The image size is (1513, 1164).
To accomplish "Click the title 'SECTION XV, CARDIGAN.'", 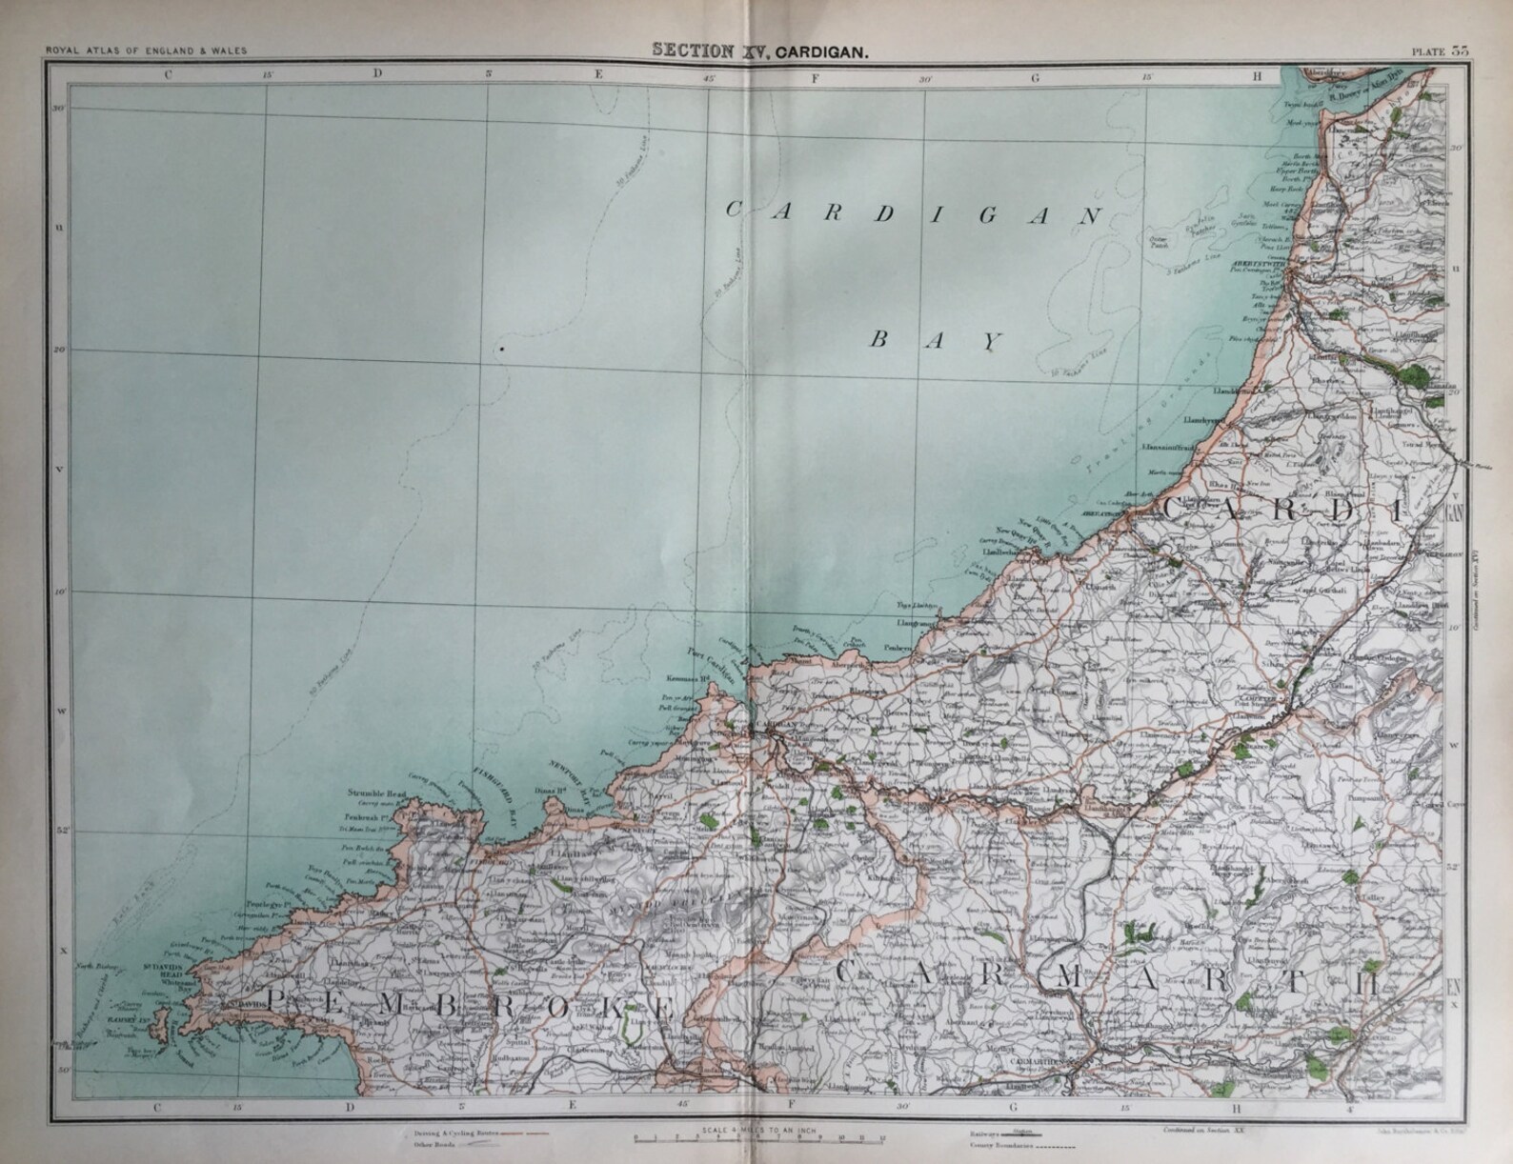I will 758,52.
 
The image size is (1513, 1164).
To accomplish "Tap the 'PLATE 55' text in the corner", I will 1446,52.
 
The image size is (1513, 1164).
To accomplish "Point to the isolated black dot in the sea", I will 501,350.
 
